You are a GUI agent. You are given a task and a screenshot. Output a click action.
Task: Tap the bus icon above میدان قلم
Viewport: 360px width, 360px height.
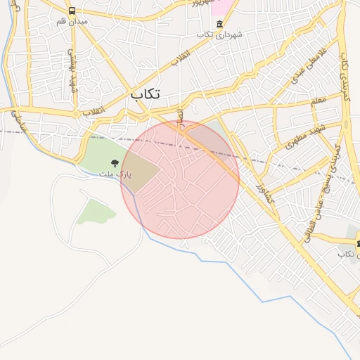click(x=72, y=11)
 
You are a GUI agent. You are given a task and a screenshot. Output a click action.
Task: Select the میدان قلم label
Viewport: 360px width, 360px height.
click(x=72, y=22)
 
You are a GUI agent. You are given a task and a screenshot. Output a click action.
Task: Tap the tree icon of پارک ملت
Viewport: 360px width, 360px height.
click(x=115, y=163)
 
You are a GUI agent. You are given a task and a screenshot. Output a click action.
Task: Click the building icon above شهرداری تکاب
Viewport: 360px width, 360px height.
click(x=219, y=23)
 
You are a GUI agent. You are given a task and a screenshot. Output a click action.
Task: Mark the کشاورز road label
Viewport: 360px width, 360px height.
click(x=263, y=192)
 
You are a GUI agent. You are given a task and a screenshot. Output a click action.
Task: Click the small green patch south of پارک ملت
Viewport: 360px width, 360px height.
click(x=96, y=210)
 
